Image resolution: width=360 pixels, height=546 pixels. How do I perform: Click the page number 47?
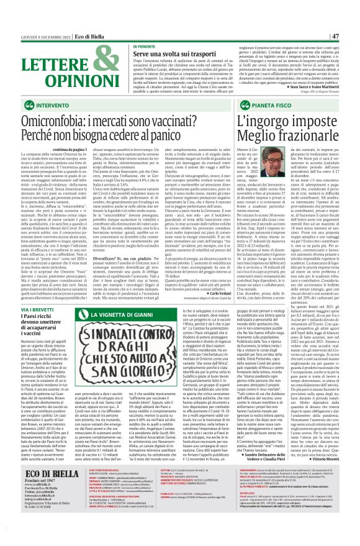(352, 19)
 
